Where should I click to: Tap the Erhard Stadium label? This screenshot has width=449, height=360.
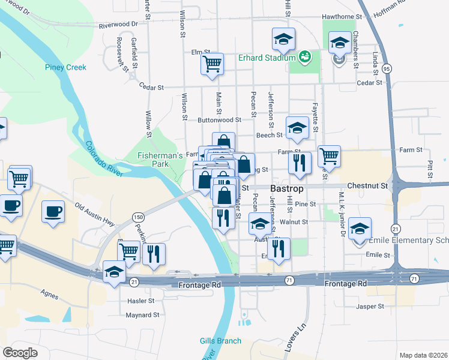267,58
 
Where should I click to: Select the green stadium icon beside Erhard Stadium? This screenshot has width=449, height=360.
306,57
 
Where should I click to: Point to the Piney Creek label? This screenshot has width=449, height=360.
65,67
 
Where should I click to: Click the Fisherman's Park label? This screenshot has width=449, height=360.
160,160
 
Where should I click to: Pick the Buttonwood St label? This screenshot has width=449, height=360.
220,120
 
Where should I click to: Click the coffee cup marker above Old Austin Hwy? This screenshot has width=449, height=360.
53,211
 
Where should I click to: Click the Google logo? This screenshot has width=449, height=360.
20,352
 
